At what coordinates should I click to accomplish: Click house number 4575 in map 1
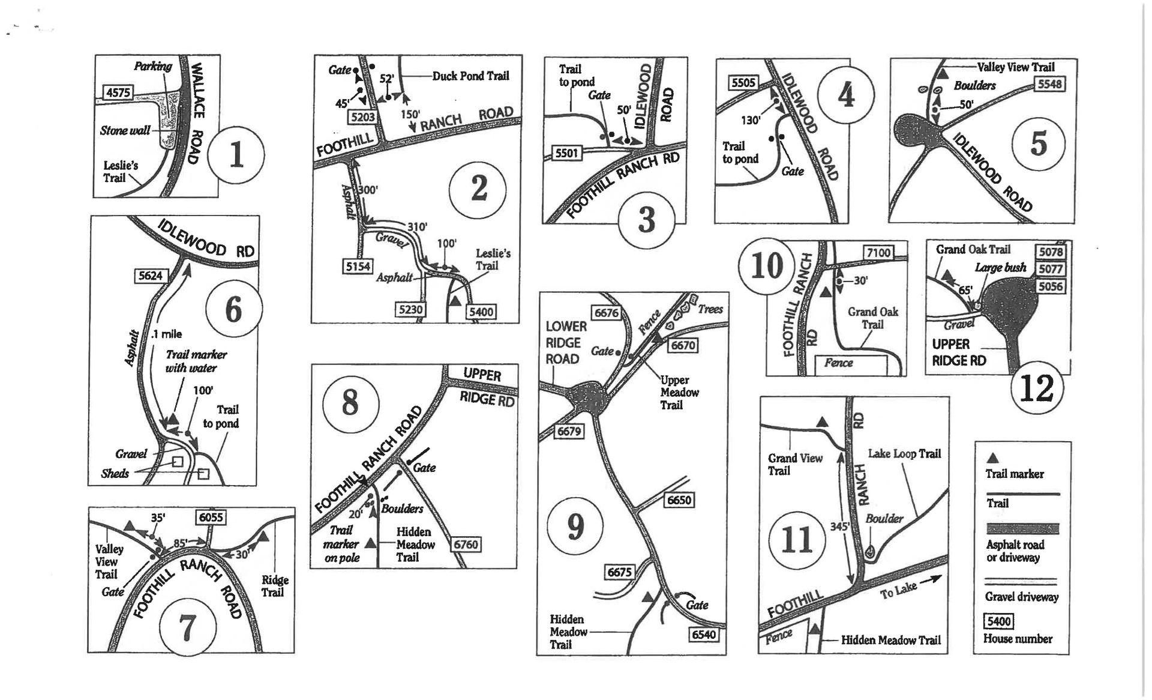pyautogui.click(x=118, y=92)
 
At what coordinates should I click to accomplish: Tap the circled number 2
pyautogui.click(x=478, y=190)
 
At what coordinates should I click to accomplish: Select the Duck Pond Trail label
pyautogui.click(x=471, y=76)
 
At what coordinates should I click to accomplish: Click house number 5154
pyautogui.click(x=358, y=266)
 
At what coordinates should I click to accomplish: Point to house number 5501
pyautogui.click(x=566, y=153)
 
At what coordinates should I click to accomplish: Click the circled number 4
pyautogui.click(x=846, y=95)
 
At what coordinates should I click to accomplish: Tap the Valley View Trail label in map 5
pyautogui.click(x=1015, y=67)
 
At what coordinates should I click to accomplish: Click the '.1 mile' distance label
pyautogui.click(x=167, y=334)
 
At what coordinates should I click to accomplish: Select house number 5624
pyautogui.click(x=150, y=276)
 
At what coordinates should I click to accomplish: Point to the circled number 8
pyautogui.click(x=350, y=403)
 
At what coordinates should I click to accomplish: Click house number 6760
pyautogui.click(x=466, y=545)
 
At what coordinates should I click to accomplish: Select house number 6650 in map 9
pyautogui.click(x=679, y=500)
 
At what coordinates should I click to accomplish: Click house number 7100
pyautogui.click(x=878, y=253)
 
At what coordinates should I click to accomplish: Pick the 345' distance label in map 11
pyautogui.click(x=839, y=527)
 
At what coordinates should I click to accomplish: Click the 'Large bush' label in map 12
pyautogui.click(x=1000, y=267)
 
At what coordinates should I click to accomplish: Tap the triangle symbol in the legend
pyautogui.click(x=993, y=459)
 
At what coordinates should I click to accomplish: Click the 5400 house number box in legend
pyautogui.click(x=998, y=621)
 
